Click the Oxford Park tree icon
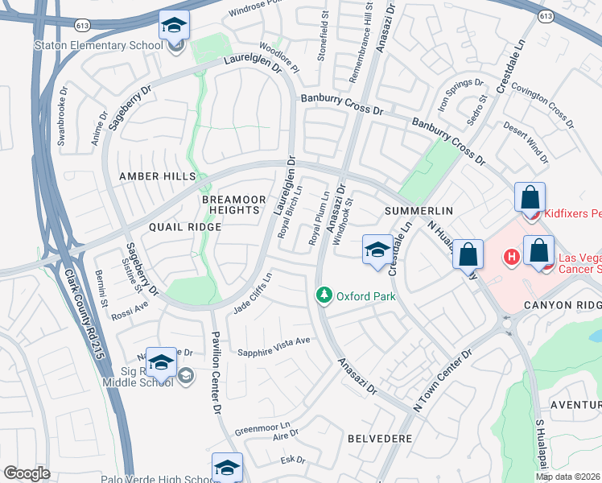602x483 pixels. (324, 296)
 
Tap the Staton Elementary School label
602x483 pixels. (98, 45)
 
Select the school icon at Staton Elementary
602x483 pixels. (174, 27)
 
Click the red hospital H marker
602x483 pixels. (510, 258)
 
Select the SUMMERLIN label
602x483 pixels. (419, 210)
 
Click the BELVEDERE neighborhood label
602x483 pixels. (380, 439)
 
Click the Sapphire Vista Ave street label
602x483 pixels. (274, 341)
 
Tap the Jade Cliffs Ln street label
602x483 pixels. (252, 293)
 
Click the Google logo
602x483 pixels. (27, 473)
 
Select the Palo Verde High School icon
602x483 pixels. (227, 468)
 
